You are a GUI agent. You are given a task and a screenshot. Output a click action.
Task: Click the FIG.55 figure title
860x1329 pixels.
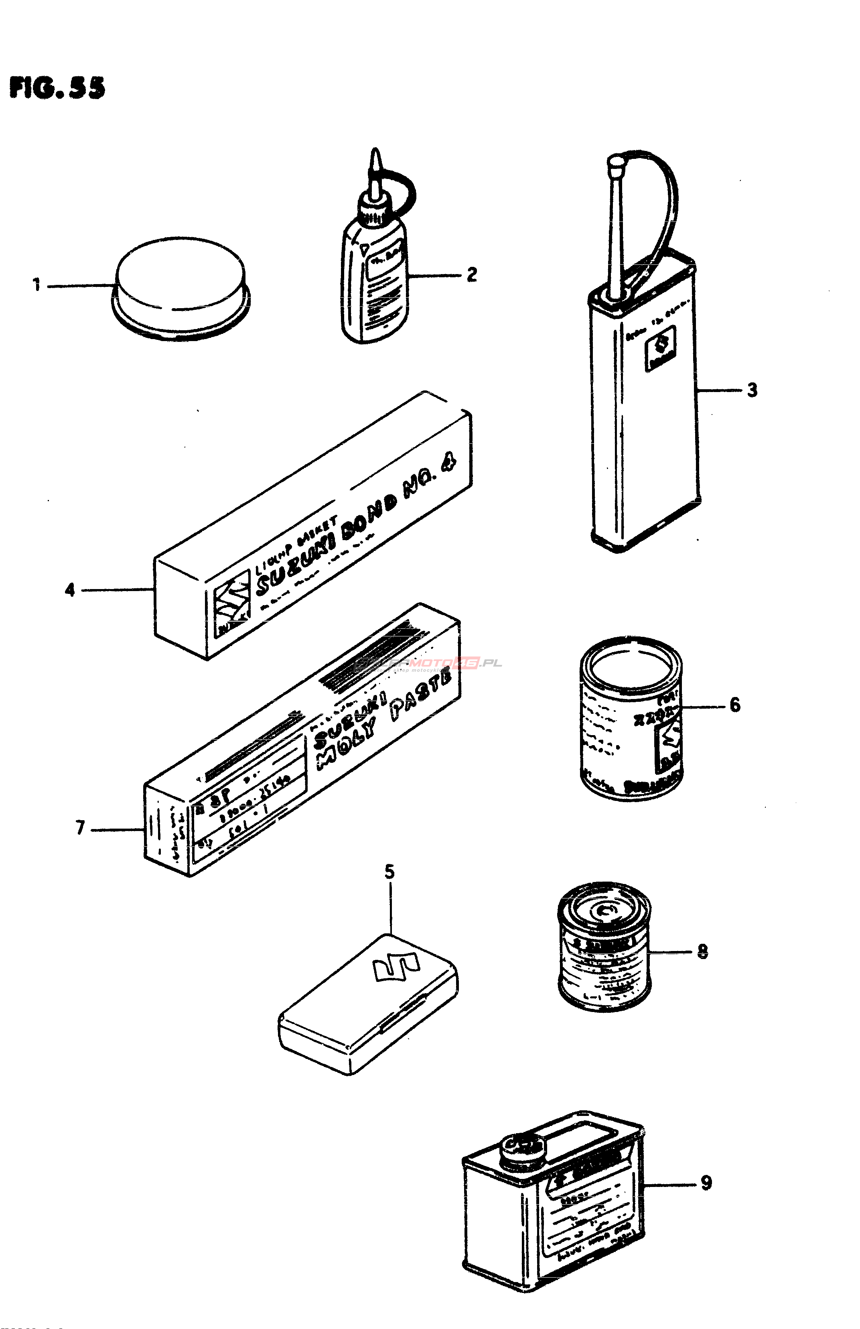point(57,88)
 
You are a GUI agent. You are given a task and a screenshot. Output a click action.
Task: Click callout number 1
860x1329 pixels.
point(37,286)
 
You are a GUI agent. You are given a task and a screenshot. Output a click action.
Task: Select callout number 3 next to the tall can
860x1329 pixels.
point(752,390)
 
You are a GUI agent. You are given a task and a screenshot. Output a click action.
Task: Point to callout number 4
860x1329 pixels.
point(69,590)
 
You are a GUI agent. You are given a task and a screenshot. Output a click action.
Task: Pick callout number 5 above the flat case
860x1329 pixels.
point(389,872)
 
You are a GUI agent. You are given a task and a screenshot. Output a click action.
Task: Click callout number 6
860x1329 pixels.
point(735,705)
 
